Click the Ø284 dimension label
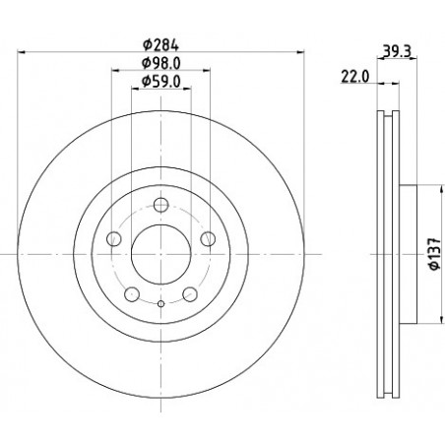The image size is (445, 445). coord(160,45)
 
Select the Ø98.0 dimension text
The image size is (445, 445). coord(160,63)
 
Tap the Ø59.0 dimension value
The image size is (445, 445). coord(160,82)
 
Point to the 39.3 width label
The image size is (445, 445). coord(397,51)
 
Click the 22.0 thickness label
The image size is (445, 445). coord(355,77)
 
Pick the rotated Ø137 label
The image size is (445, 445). coord(435,254)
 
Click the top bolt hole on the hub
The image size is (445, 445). coord(160,205)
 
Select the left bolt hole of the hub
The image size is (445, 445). coord(114,238)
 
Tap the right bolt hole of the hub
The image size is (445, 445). coord(208,238)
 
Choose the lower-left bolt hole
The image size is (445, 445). coord(132,294)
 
